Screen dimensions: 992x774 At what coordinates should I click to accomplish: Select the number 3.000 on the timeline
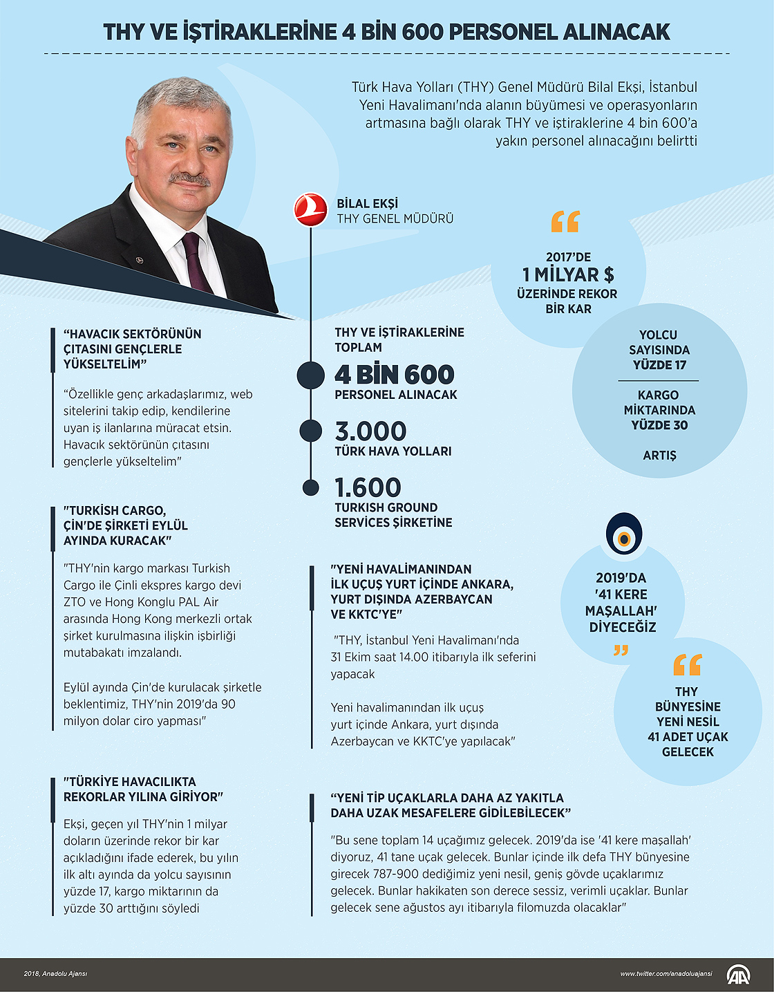coord(370,431)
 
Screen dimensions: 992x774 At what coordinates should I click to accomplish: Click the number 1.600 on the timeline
coord(368,488)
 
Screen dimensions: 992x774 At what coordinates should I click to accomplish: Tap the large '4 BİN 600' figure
coord(394,375)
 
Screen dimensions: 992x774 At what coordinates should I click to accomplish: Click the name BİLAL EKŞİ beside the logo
coord(367,204)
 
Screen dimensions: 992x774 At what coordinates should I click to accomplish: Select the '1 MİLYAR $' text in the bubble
coord(568,275)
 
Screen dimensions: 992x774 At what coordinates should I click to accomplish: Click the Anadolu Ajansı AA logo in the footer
coord(737,974)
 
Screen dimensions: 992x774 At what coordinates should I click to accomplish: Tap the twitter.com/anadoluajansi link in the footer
coord(666,974)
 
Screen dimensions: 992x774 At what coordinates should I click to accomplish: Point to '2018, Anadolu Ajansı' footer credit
coord(55,974)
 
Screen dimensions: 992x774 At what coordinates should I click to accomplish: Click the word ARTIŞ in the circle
coord(659,456)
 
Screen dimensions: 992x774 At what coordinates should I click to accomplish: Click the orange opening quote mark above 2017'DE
coord(565,222)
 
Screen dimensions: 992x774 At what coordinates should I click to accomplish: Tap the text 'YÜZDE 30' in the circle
coord(659,425)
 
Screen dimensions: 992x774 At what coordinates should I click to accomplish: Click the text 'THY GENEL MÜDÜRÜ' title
coord(395,219)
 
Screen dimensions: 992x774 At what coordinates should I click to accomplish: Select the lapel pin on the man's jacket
coord(139,260)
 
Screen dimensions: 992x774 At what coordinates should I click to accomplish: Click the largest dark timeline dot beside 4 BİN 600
coord(310,375)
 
